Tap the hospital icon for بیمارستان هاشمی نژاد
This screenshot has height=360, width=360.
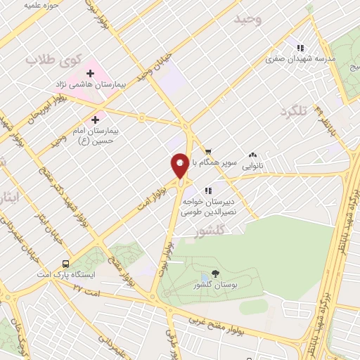[90, 73]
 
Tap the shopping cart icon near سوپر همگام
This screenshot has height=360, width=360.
[208, 151]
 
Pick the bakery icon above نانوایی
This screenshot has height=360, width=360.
[253, 155]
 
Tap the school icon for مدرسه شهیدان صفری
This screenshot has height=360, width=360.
[300, 48]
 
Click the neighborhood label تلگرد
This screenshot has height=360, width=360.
[294, 112]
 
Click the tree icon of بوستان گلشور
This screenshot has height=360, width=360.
[215, 274]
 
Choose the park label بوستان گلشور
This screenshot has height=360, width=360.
[214, 285]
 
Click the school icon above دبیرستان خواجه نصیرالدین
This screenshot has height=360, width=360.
[208, 191]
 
